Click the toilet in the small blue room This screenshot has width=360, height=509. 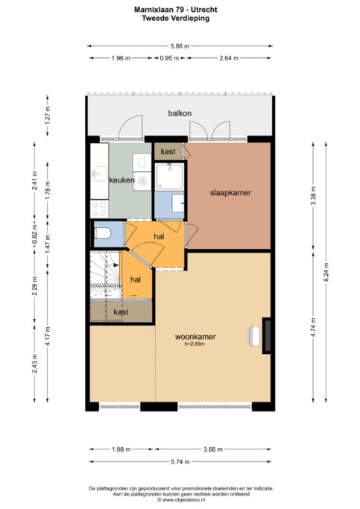coord(103,233)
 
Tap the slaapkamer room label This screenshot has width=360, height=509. coord(230,193)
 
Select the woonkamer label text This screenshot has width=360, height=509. coord(195,337)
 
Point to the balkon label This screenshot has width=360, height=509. coord(180,113)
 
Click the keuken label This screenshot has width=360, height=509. coord(121,180)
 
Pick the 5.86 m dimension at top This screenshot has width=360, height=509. coord(180,46)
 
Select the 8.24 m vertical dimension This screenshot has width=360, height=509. coord(326,272)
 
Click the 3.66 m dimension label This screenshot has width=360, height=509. coord(213,449)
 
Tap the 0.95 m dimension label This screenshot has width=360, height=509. coord(169,58)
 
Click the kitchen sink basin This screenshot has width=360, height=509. coord(100,172)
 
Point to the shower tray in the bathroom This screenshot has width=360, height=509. coord(169,177)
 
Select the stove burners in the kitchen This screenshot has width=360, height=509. coord(99,209)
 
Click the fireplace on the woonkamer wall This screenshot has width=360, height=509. coord(267,335)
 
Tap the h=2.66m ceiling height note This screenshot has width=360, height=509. coord(195,344)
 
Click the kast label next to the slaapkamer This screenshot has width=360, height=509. coord(168,151)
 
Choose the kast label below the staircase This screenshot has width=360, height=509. coord(121,312)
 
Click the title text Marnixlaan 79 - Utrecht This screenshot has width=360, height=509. coord(176,10)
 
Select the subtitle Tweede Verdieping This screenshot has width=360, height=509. coord(176,18)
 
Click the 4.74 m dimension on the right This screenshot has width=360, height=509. coord(313,327)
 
